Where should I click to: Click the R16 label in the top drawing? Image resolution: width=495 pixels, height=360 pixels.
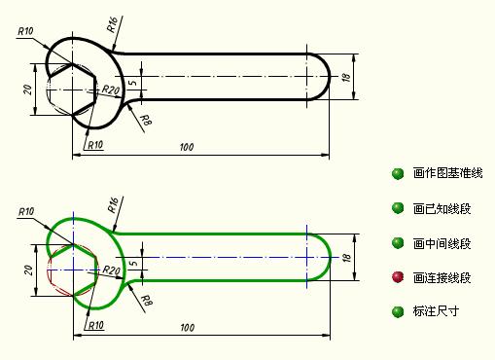pos(112,24)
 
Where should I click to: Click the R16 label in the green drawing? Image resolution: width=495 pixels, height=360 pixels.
pos(113,205)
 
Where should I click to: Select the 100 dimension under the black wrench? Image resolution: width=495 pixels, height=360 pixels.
pos(187,147)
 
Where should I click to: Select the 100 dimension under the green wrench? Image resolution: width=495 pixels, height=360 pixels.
pos(188,328)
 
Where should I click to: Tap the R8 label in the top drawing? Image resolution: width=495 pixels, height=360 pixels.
pos(147,121)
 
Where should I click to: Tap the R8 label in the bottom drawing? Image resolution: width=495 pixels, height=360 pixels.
pos(147,301)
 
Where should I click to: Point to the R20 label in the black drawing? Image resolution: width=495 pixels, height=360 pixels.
pos(111,90)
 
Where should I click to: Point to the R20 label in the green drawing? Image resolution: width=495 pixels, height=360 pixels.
pos(112,270)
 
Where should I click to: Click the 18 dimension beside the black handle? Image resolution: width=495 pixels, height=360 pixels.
pos(346,77)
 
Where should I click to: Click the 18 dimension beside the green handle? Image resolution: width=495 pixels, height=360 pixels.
pos(347,258)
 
